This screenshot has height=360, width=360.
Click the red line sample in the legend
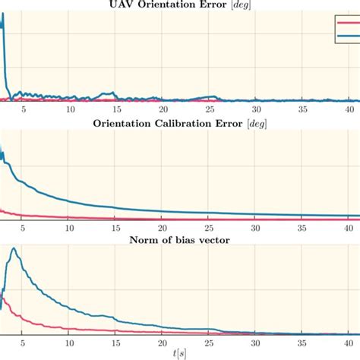pyautogui.click(x=346, y=23)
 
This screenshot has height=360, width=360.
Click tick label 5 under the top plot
pyautogui.click(x=24, y=109)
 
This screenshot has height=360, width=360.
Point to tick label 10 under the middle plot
pyautogui.click(x=70, y=229)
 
